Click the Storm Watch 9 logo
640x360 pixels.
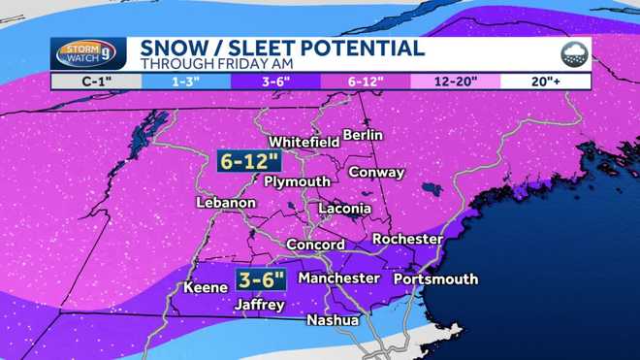(x=87, y=54)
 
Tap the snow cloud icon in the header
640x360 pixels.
(x=574, y=54)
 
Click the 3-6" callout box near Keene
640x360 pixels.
(x=261, y=280)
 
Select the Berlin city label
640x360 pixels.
(x=363, y=135)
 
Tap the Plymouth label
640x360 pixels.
(x=298, y=181)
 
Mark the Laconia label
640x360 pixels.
(x=344, y=209)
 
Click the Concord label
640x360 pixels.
(x=315, y=245)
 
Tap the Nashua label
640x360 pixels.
(x=333, y=320)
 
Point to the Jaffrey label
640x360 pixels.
(x=260, y=305)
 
